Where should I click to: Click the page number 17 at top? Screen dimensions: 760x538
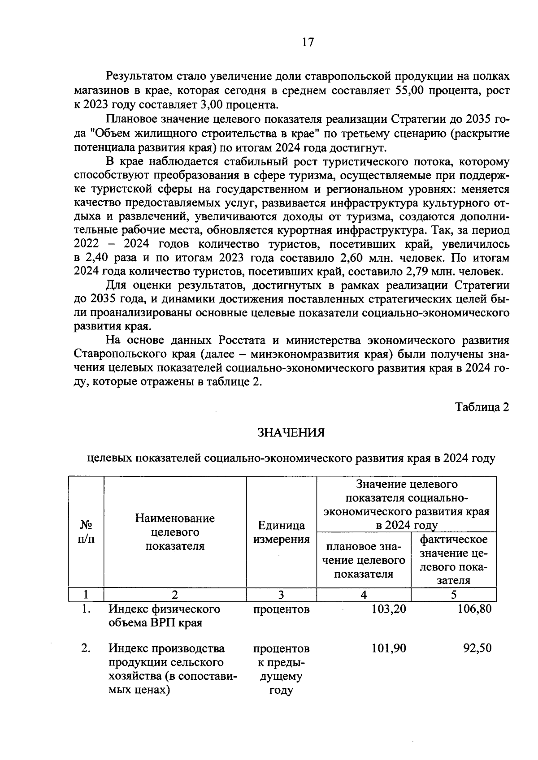pos(308,42)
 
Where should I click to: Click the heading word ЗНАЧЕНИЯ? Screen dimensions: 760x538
pos(291,432)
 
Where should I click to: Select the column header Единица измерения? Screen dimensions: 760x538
pos(281,532)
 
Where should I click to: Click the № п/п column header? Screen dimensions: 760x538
pos(86,531)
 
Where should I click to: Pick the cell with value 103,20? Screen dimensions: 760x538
pos(389,609)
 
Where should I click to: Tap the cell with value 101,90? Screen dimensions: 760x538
pos(389,648)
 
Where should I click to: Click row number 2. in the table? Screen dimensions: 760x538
pos(86,648)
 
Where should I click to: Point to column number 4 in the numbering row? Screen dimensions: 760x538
pos(364,595)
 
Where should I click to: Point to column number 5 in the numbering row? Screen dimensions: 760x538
pos(453,595)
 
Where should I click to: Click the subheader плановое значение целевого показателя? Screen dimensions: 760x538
pos(364,560)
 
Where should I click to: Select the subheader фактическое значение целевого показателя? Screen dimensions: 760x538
pos(453,559)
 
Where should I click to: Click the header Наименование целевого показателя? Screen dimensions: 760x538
pos(175,532)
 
